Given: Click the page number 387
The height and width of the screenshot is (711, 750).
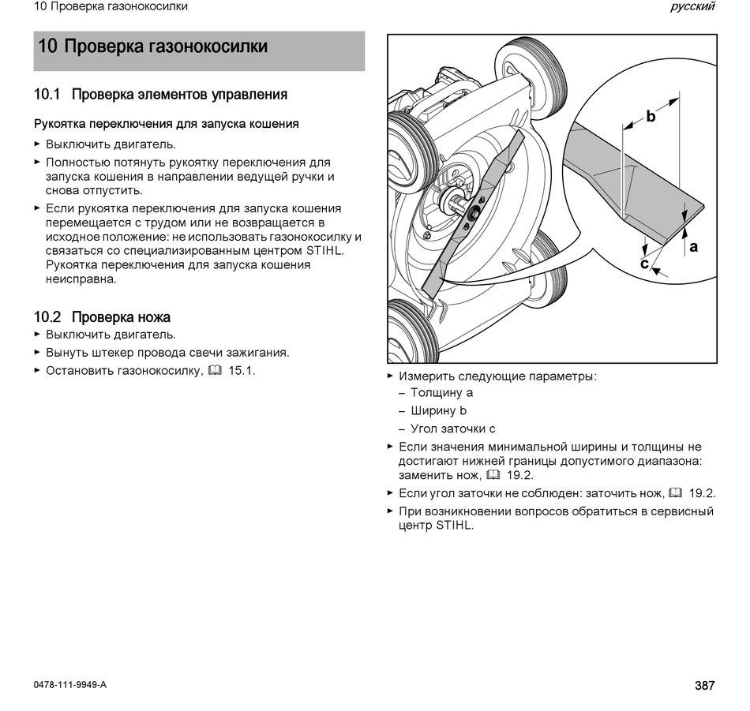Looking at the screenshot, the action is (704, 685).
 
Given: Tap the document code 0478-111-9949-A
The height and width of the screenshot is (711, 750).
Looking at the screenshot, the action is (69, 685).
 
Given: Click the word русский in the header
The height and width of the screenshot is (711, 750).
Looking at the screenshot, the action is (692, 6).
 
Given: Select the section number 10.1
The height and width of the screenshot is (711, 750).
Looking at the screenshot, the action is (47, 94).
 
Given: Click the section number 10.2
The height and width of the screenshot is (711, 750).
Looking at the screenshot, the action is (47, 317).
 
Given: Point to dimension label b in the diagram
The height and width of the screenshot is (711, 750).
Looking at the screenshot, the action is (651, 116).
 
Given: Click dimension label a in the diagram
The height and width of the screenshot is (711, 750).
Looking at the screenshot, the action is (694, 247).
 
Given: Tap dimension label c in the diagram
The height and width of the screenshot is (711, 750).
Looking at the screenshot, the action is (644, 264).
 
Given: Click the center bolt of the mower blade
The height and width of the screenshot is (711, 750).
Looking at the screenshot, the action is (474, 214).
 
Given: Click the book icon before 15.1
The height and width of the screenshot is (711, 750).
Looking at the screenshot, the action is (216, 371).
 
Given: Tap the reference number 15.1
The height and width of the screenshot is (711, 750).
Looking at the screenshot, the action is (242, 371).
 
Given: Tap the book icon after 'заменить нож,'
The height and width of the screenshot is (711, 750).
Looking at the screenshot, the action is (493, 475).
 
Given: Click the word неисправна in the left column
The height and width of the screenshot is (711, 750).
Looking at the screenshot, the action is (81, 279).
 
